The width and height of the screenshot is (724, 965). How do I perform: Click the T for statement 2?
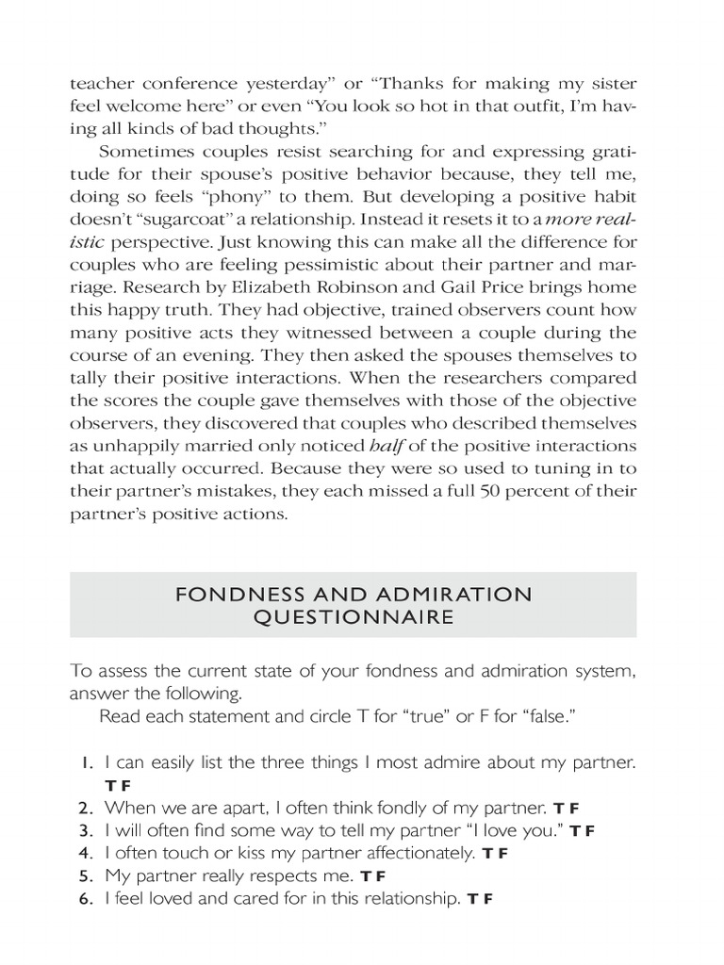click(x=558, y=809)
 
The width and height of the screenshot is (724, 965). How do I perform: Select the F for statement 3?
click(x=590, y=831)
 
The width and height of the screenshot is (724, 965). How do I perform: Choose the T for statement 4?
click(x=486, y=855)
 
